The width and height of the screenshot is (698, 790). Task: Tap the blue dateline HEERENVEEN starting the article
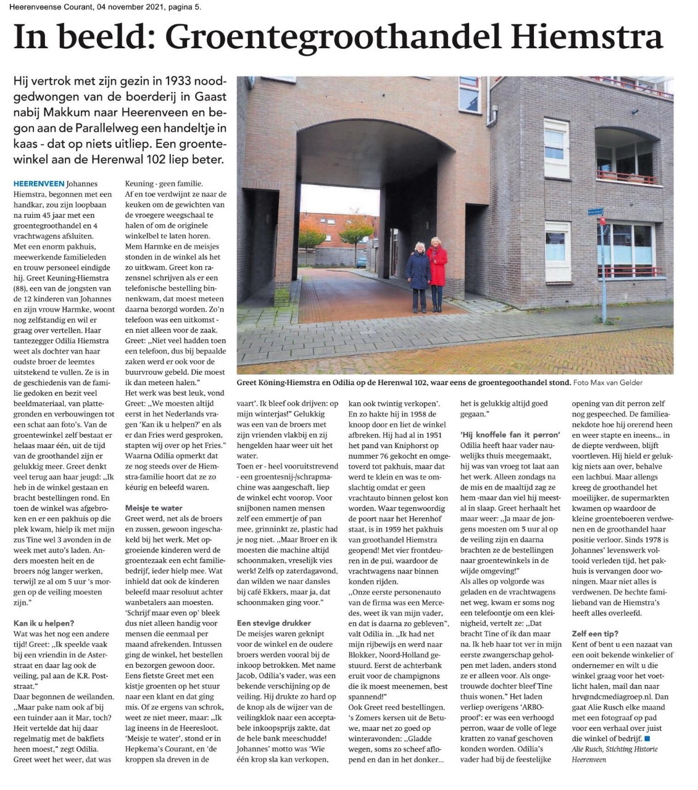click(38, 184)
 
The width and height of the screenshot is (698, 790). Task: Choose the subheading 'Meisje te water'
click(154, 508)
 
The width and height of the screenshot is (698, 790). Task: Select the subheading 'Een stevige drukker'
click(274, 623)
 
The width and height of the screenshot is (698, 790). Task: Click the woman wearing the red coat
click(437, 272)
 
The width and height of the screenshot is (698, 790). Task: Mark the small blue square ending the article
click(646, 738)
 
